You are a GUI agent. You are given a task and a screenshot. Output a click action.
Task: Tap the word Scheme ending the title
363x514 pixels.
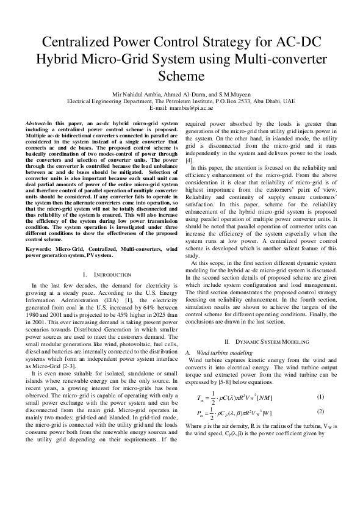pos(181,76)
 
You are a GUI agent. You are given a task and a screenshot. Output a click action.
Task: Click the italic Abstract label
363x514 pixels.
pos(36,123)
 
